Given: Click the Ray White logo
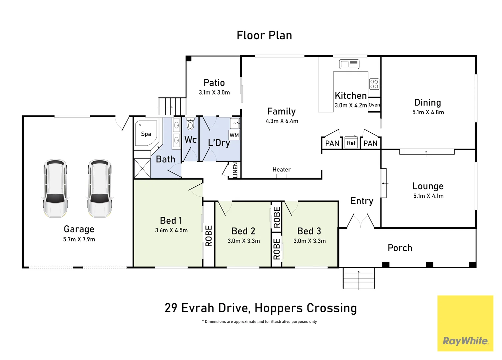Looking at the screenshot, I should point(465,341).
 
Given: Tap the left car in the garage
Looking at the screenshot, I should point(55,188).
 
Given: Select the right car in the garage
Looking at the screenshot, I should point(100,188).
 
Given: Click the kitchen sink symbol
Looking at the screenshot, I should point(349,64).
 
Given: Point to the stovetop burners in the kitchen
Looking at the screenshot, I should point(374,84).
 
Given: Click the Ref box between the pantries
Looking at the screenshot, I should point(351,143).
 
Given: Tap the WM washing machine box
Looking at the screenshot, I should point(234,135).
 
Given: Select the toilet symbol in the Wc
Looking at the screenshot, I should point(190,124).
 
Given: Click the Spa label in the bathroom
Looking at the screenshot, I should point(146,134).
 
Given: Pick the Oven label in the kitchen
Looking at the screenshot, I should point(374,105).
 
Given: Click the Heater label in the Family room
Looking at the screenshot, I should point(281,170).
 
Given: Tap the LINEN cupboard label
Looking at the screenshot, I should point(235,170).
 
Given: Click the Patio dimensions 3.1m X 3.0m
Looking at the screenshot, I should point(214,93).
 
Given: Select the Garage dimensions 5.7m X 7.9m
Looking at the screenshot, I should point(79,239).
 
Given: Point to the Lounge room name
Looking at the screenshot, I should point(428,186).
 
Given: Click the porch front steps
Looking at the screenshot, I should point(358,278).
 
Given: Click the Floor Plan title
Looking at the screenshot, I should point(264,35).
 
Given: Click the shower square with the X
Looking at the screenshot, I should point(142,168).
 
